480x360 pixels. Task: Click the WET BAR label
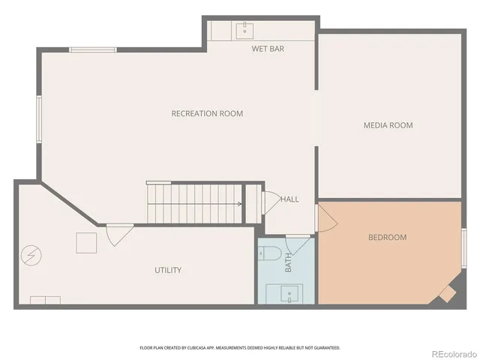click(268, 49)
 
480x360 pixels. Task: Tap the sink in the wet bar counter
click(244, 30)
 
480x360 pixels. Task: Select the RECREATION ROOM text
click(207, 114)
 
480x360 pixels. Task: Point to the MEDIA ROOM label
click(388, 125)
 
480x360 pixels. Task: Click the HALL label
click(289, 199)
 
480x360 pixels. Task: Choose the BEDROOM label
click(386, 238)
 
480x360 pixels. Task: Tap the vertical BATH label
click(288, 262)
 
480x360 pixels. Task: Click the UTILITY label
click(168, 270)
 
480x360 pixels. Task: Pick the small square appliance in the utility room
click(86, 243)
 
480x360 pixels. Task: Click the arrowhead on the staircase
click(239, 203)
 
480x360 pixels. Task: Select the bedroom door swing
click(327, 218)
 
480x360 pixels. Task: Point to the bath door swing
click(298, 243)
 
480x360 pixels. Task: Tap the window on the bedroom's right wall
click(464, 247)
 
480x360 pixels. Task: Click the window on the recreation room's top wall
click(93, 50)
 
